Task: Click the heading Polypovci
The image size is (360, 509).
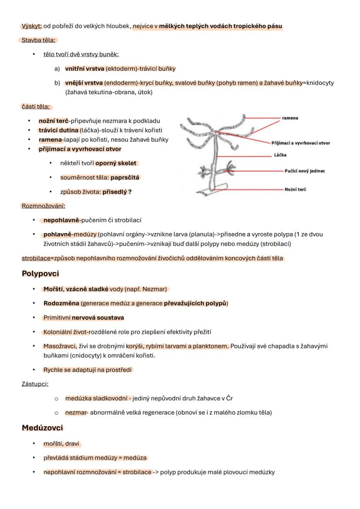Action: pyautogui.click(x=40, y=274)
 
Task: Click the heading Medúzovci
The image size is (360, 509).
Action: pyautogui.click(x=42, y=428)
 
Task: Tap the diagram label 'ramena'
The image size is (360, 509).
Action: pyautogui.click(x=290, y=118)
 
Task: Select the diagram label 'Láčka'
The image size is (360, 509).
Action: pyautogui.click(x=280, y=155)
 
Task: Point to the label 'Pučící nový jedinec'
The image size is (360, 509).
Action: pyautogui.click(x=304, y=171)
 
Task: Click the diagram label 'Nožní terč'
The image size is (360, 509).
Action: pyautogui.click(x=295, y=190)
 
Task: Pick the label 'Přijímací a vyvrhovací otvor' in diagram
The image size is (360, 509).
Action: pyautogui.click(x=300, y=143)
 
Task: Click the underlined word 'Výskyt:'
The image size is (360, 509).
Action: pyautogui.click(x=32, y=26)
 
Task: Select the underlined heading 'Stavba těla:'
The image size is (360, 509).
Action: pyautogui.click(x=39, y=40)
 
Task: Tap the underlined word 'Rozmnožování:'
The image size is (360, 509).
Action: pyautogui.click(x=43, y=206)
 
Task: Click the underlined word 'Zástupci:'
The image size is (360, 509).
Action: pyautogui.click(x=35, y=384)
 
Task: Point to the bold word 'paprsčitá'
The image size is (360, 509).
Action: pyautogui.click(x=125, y=177)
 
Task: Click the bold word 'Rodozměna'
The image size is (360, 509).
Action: pyautogui.click(x=61, y=303)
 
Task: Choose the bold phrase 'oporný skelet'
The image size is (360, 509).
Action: pyautogui.click(x=116, y=163)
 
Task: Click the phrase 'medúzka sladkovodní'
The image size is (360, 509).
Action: pyautogui.click(x=92, y=398)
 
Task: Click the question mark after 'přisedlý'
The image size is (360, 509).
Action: pyautogui.click(x=130, y=192)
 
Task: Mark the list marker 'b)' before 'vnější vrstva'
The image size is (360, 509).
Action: pyautogui.click(x=57, y=83)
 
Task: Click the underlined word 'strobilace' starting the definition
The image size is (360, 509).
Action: pyautogui.click(x=36, y=258)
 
